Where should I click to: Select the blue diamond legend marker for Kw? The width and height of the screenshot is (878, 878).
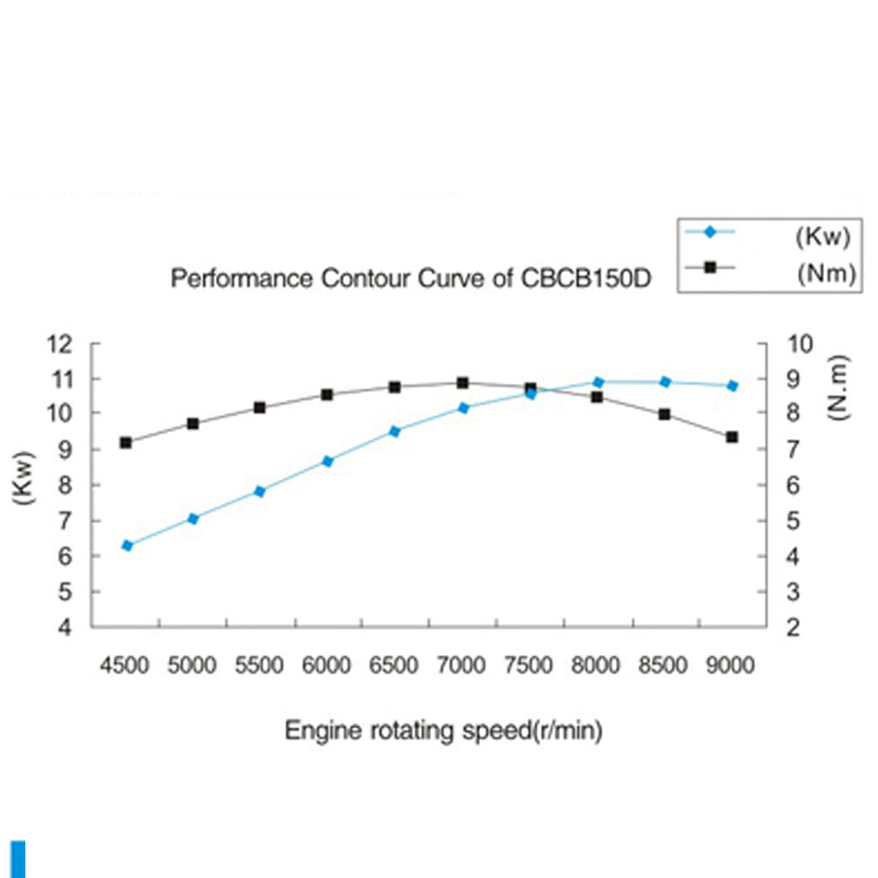(709, 232)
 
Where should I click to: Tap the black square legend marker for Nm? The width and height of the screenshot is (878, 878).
(709, 268)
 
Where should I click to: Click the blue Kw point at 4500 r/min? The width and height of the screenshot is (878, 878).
(127, 545)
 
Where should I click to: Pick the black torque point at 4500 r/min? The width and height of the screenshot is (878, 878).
(126, 442)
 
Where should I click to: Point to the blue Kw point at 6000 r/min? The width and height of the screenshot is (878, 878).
(327, 461)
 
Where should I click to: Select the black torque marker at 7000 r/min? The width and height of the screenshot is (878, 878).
(462, 382)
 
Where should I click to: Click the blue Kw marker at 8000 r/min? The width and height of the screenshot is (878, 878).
(598, 382)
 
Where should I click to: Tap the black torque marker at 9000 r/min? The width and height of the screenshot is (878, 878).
(732, 437)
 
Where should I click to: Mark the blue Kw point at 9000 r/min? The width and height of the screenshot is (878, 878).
(732, 386)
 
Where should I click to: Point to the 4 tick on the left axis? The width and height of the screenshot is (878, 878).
(73, 628)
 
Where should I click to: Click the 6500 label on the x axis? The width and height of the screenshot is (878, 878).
(394, 665)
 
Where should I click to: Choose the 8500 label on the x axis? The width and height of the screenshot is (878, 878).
(665, 665)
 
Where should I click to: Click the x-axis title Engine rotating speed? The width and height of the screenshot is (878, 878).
(443, 731)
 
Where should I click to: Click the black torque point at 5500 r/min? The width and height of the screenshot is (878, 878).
(260, 408)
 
